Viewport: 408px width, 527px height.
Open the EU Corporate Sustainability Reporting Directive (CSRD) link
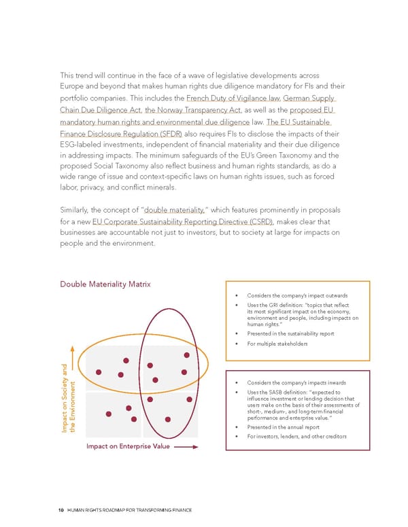coord(184,222)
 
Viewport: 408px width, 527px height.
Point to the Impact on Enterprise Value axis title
coord(127,446)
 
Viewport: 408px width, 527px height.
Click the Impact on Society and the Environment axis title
coord(69,397)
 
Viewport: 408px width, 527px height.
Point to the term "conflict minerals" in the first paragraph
coord(163,187)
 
